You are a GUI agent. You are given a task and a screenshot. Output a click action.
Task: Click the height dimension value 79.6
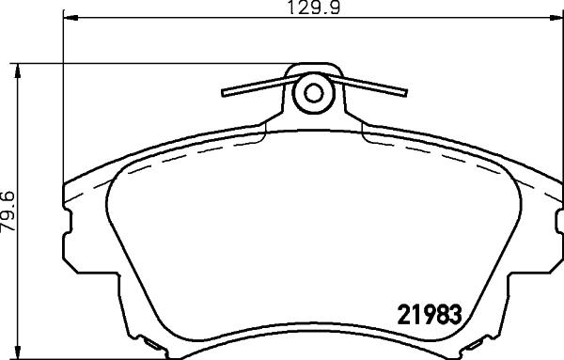point(8,215)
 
